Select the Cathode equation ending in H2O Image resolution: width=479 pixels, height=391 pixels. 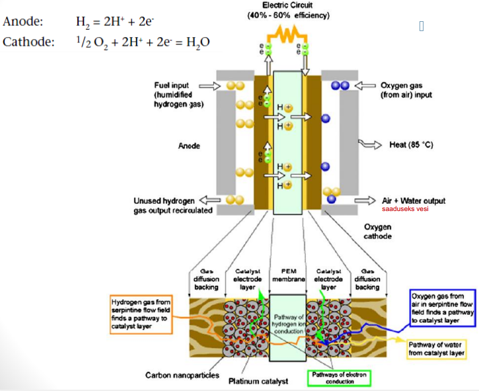(143, 42)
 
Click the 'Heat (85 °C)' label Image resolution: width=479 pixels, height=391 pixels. (411, 144)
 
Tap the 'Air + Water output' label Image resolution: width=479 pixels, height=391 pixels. (414, 200)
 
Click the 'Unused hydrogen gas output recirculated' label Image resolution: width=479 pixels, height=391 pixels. (173, 205)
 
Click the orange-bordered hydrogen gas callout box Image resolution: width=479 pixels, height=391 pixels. (142, 312)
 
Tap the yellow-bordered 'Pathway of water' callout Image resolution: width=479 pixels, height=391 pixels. (435, 349)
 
